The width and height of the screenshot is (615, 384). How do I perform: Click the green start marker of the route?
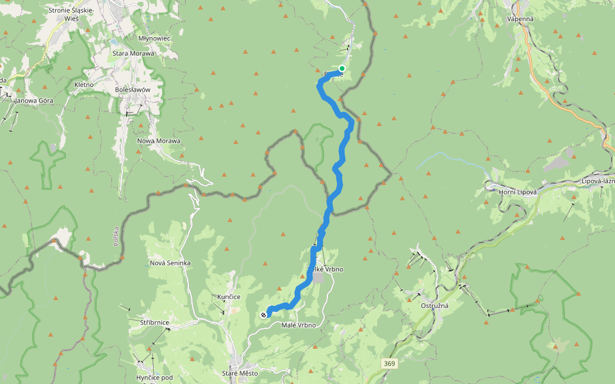coord(342,68)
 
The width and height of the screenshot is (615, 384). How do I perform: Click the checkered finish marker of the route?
coord(263,315)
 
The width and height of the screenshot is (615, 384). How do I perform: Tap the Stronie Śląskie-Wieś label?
coord(71,15)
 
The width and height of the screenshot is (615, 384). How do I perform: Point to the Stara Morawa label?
coord(133,53)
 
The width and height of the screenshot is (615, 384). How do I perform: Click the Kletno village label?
coord(84,84)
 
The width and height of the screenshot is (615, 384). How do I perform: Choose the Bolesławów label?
coord(133,90)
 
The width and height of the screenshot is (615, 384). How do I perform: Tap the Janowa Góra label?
coord(34,100)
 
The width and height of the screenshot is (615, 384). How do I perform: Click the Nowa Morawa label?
coord(159,141)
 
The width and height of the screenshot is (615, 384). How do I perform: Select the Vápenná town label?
coord(520,19)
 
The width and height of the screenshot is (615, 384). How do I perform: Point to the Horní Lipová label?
coord(518,192)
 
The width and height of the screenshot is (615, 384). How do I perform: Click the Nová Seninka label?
coord(170,263)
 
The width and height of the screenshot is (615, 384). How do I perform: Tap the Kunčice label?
coord(229,297)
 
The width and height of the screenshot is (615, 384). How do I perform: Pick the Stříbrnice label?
coord(154,323)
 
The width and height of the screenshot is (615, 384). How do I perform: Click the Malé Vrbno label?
coord(299,326)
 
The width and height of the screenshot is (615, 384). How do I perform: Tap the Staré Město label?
coord(238,373)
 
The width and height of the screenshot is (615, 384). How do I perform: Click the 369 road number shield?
coord(389,364)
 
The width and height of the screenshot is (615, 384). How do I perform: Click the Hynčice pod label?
coord(154,378)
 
